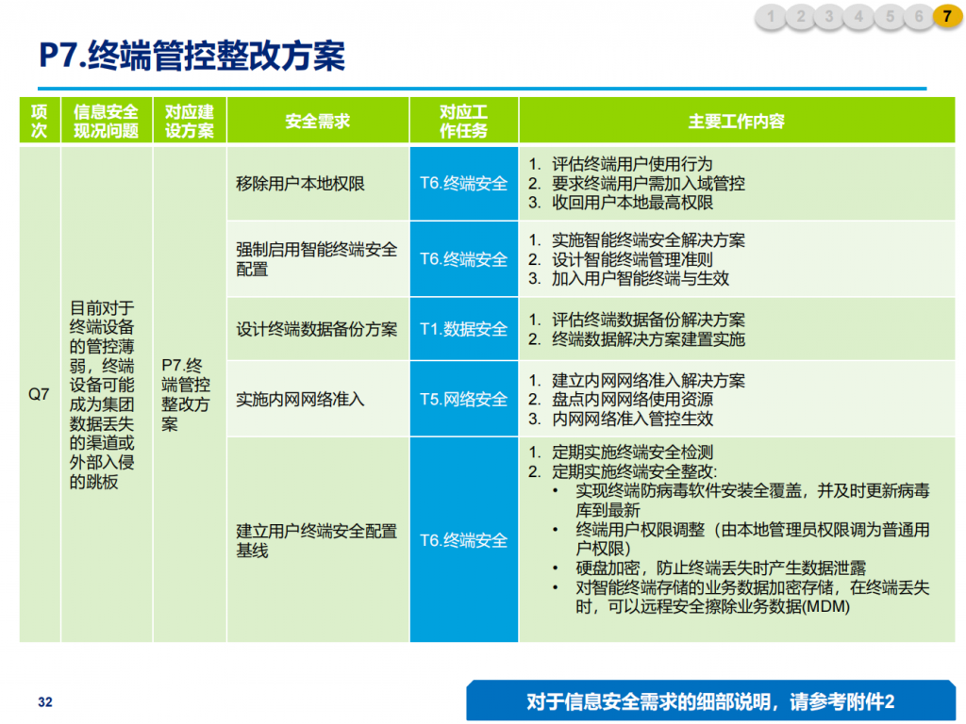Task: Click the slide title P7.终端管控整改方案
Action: point(192,56)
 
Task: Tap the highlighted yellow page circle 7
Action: point(947,17)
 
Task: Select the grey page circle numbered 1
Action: point(771,17)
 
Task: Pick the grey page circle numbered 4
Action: point(858,17)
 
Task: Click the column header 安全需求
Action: point(318,121)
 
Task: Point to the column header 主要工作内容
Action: point(737,121)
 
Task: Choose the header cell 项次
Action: point(40,121)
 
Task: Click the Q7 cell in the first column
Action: point(39,394)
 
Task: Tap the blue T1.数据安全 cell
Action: point(464,329)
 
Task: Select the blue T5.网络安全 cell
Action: point(464,400)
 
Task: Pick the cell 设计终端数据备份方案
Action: point(317,329)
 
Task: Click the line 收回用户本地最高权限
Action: point(632,203)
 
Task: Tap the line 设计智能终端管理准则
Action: point(632,260)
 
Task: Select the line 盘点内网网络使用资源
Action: point(632,400)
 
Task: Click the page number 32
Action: point(45,701)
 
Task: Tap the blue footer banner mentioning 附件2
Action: point(710,701)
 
